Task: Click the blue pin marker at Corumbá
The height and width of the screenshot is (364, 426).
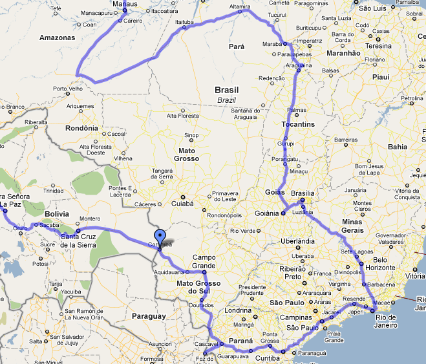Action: click(160, 237)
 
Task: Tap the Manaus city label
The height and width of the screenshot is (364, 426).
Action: click(125, 4)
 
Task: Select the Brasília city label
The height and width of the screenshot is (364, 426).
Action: click(303, 193)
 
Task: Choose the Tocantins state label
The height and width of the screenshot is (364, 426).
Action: click(298, 123)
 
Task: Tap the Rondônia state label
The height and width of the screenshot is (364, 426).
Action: click(82, 127)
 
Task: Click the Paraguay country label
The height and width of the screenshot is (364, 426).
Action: click(149, 316)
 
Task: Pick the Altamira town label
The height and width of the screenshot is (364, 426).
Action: click(240, 7)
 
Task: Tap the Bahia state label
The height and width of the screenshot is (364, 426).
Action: click(398, 147)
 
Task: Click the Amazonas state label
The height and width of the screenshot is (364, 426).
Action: click(58, 37)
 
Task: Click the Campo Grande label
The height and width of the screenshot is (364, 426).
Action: click(204, 261)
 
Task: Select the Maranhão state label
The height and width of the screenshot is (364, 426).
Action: click(344, 53)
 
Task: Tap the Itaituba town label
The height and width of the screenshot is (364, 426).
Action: click(184, 22)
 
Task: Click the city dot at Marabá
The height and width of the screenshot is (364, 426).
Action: click(285, 44)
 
